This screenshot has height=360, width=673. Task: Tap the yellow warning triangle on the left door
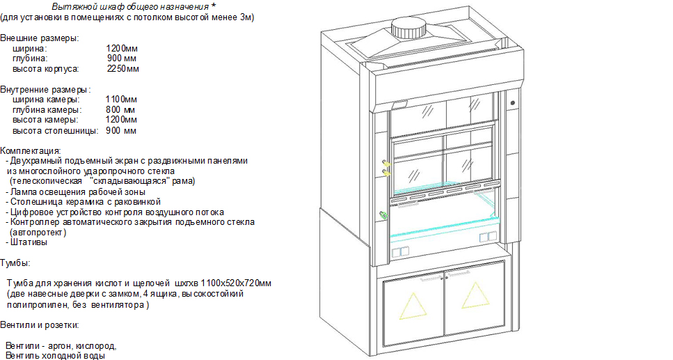tap(413, 306)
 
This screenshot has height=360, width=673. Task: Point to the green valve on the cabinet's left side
tap(383, 214)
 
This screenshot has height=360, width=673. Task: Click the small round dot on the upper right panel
tap(512, 103)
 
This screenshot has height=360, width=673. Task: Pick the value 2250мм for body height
tap(122, 69)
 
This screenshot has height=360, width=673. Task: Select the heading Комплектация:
tap(31, 151)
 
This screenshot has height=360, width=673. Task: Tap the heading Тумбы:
tap(15, 263)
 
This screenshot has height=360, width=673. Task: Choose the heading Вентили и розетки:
tap(40, 325)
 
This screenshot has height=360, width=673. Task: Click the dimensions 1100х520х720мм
tap(236, 283)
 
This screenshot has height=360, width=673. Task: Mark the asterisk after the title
tap(214, 6)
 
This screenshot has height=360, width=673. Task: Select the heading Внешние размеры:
tap(40, 38)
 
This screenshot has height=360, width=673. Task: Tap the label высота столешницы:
tap(56, 131)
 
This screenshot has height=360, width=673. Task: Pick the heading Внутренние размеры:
tap(45, 90)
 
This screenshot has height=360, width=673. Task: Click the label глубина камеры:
tap(47, 110)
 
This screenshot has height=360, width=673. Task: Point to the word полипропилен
tap(32, 305)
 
